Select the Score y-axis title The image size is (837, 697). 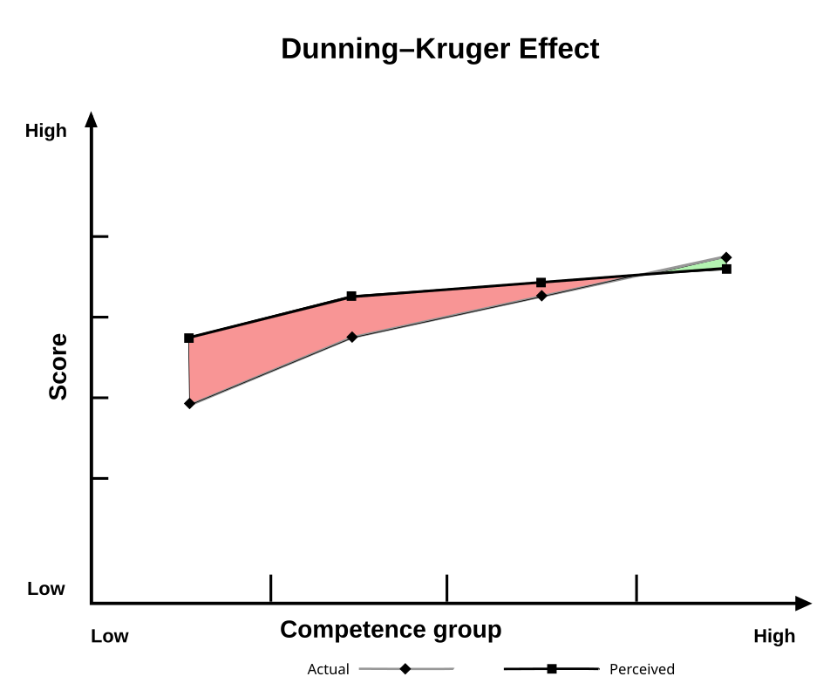(58, 366)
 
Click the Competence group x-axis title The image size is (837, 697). (391, 630)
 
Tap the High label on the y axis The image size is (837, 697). (46, 131)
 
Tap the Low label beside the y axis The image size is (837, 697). (46, 589)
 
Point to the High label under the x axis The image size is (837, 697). (774, 636)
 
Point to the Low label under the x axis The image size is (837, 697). (110, 636)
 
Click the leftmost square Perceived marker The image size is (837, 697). (189, 338)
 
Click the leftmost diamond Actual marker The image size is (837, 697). (189, 403)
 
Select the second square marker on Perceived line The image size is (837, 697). (351, 297)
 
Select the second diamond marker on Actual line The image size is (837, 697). (351, 337)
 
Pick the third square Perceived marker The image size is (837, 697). (541, 283)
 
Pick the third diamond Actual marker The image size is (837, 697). (541, 296)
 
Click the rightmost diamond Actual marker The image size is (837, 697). (726, 257)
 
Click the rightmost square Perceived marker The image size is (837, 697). (726, 269)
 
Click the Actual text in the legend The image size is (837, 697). (328, 670)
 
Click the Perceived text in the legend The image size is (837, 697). (642, 670)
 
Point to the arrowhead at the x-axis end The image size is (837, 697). (803, 603)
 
